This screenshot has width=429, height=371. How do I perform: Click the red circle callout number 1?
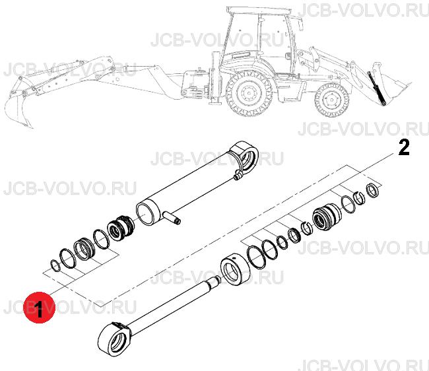coord(40,307)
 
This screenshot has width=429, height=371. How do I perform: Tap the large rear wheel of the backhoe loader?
coord(249,93)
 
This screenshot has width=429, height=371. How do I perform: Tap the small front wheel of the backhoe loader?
coord(332,100)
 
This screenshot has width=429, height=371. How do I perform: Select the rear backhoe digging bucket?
coord(18,110)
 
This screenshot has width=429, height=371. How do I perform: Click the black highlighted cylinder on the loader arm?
coord(377,88)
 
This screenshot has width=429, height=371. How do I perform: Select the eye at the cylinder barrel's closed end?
coord(245,158)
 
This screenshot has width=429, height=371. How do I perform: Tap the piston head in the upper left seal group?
coord(120,229)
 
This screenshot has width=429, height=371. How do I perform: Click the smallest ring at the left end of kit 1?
coord(55,265)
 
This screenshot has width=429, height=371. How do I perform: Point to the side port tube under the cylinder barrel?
coord(172,217)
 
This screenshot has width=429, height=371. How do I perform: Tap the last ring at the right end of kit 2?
coord(374,190)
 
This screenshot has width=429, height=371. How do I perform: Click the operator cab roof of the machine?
coord(259,11)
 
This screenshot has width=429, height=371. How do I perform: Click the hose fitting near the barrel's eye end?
coord(238,175)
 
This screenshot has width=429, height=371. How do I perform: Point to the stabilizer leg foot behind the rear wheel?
coord(215,102)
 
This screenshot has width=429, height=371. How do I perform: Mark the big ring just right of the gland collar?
coord(256,257)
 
